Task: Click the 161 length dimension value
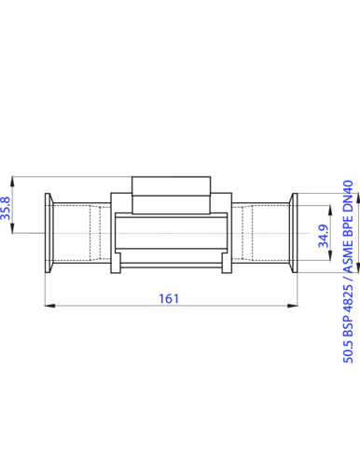pos(169,298)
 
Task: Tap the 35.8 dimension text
pos(6,208)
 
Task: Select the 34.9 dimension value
pos(324,236)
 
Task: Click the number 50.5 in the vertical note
pos(348,351)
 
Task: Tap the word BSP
pos(348,325)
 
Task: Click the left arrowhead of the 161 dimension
pos(49,306)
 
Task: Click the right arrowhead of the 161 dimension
pos(293,306)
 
